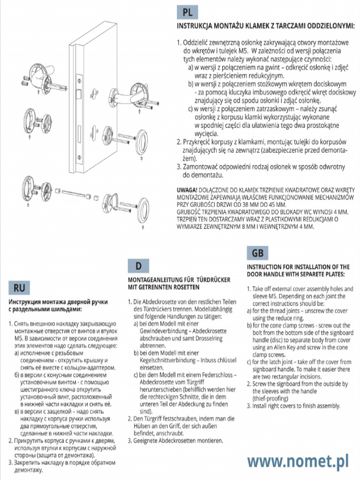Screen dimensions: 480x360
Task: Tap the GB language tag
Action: [x=257, y=253]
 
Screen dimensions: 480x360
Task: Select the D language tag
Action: [x=138, y=266]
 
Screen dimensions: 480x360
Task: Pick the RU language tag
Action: [x=19, y=287]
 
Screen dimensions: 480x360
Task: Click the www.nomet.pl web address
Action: [x=298, y=462]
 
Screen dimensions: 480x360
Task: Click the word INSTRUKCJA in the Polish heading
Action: [x=195, y=26]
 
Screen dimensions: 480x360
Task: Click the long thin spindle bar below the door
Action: [x=73, y=192]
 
